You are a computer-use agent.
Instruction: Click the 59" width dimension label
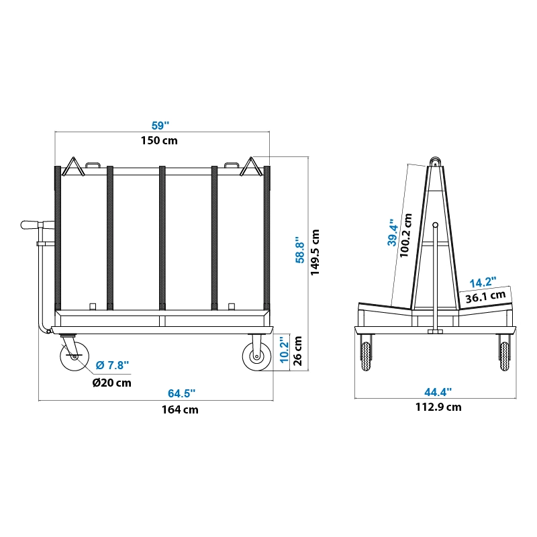(x=160, y=126)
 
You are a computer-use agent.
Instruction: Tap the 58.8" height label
(x=300, y=249)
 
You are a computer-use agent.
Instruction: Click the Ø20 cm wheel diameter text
(x=111, y=383)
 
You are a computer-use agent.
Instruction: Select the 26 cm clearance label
(x=297, y=350)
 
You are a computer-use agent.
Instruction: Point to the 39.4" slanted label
(x=393, y=232)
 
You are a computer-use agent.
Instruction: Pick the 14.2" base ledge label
(x=483, y=283)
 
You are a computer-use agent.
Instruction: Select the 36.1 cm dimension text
(x=486, y=296)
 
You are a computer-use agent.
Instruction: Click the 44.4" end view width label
(x=438, y=391)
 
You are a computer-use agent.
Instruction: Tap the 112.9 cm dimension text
(x=438, y=407)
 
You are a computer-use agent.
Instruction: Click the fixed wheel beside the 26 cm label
(x=256, y=356)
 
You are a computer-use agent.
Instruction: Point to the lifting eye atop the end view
(x=436, y=162)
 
